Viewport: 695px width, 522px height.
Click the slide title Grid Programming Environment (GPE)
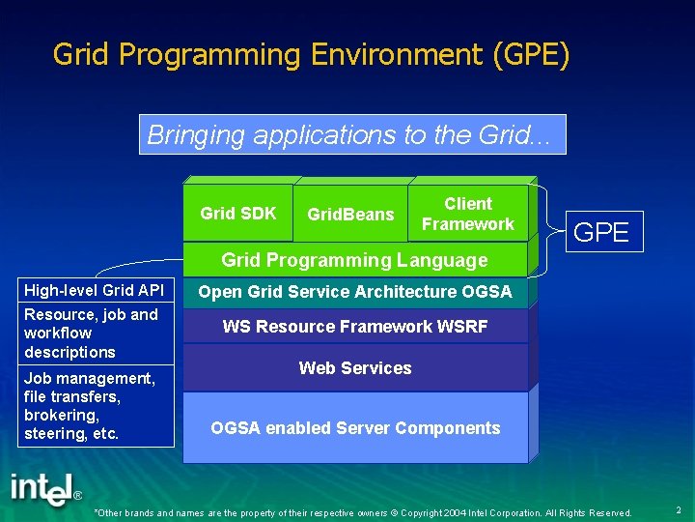pyautogui.click(x=311, y=54)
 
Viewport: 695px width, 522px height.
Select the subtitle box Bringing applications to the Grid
pyautogui.click(x=352, y=134)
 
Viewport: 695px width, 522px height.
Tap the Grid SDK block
pyautogui.click(x=238, y=214)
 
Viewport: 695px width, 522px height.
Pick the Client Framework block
pyautogui.click(x=468, y=214)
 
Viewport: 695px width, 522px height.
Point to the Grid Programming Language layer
pyautogui.click(x=354, y=259)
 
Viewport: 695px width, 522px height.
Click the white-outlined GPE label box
pyautogui.click(x=601, y=232)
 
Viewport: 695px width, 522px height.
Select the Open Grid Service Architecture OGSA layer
pyautogui.click(x=354, y=292)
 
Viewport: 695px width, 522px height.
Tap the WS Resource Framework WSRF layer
pyautogui.click(x=354, y=327)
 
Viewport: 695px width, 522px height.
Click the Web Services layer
pyautogui.click(x=354, y=368)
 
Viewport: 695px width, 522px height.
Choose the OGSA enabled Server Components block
pyautogui.click(x=354, y=427)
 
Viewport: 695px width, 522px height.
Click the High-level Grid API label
pyautogui.click(x=95, y=290)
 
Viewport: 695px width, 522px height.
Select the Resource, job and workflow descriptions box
pyautogui.click(x=95, y=333)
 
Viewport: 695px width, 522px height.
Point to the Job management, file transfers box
pyautogui.click(x=95, y=405)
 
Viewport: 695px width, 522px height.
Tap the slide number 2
pyautogui.click(x=679, y=509)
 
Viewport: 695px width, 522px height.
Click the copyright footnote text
pyautogui.click(x=363, y=512)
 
